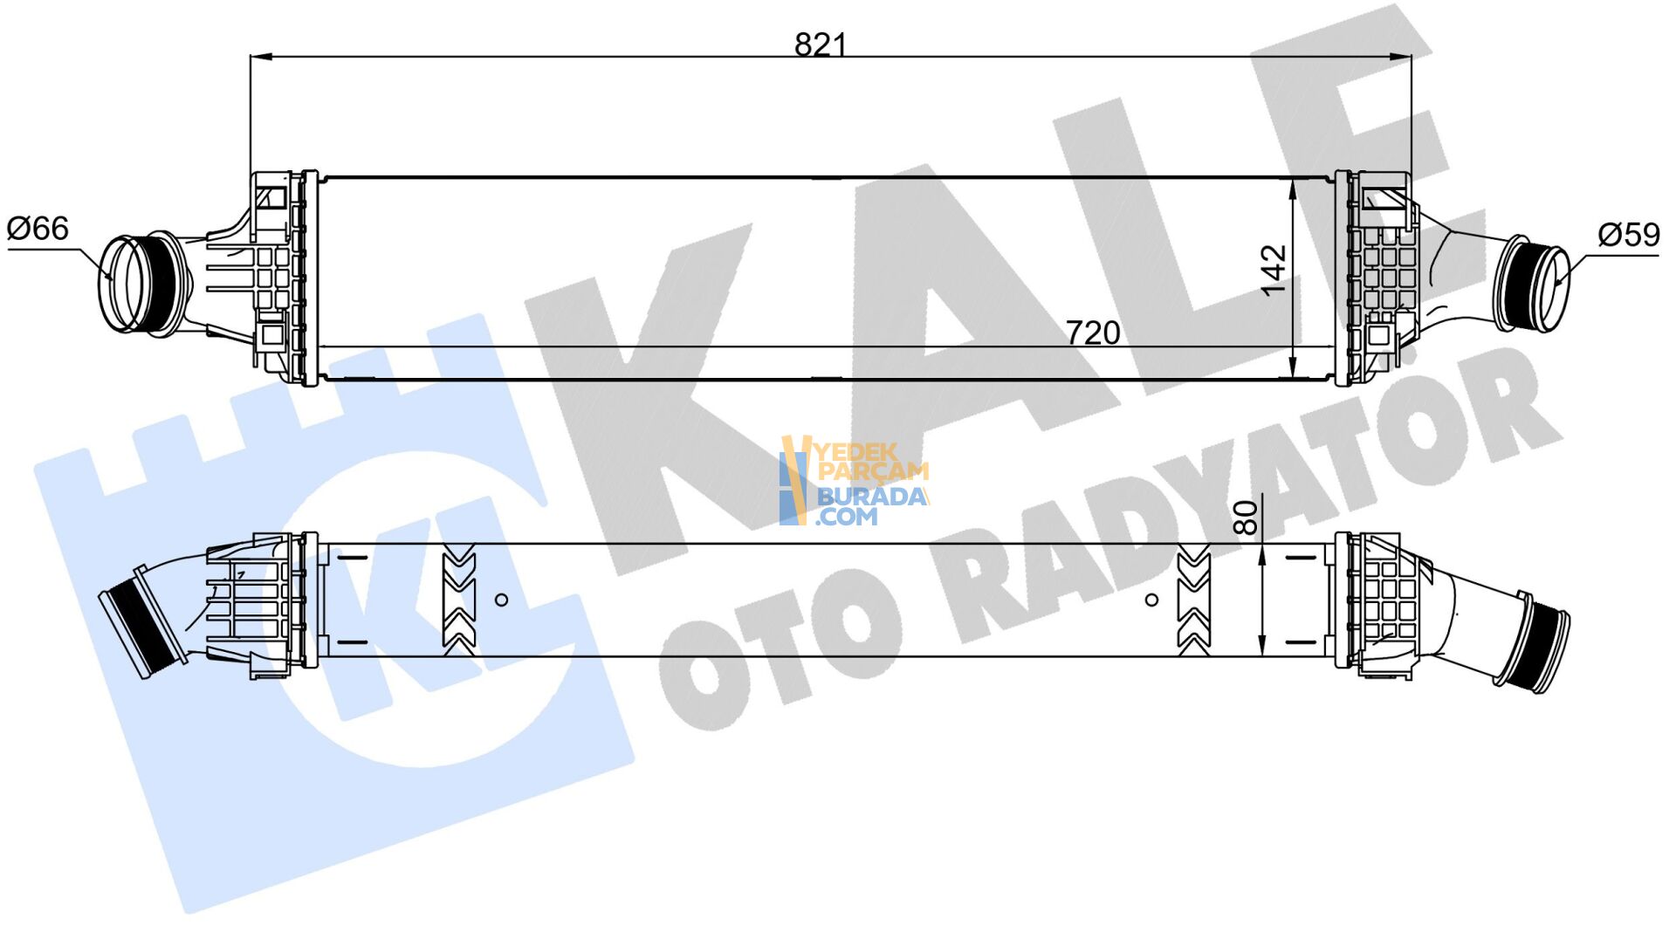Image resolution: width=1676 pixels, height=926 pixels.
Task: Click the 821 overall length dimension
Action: click(820, 44)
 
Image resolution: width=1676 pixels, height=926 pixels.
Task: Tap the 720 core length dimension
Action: click(1092, 333)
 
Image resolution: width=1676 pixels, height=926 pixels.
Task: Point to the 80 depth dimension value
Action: click(1247, 517)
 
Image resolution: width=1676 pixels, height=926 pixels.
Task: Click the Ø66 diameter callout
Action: click(38, 229)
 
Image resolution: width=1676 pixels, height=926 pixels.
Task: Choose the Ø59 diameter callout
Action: click(1628, 234)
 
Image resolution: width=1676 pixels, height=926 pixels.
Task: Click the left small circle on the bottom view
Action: click(501, 600)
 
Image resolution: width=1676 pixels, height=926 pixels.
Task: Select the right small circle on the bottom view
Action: click(1151, 600)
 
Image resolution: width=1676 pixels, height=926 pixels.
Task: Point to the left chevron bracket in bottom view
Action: click(459, 600)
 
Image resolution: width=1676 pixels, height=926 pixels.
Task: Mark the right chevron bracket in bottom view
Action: click(1193, 600)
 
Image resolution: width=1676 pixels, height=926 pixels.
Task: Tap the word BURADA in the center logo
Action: click(870, 497)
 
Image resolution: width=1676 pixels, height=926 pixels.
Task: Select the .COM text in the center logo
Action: click(846, 517)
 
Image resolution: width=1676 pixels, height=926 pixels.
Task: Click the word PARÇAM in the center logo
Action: click(872, 472)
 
